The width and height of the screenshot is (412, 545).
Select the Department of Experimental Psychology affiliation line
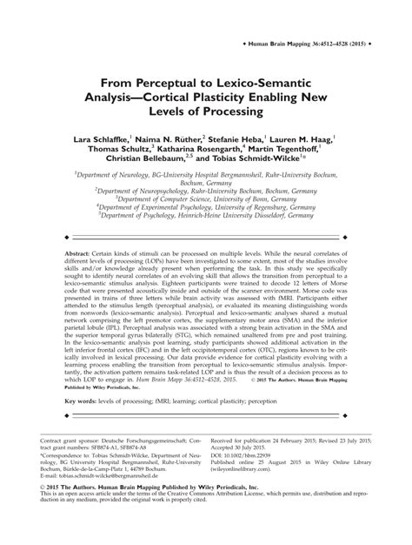pyautogui.click(x=206, y=208)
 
